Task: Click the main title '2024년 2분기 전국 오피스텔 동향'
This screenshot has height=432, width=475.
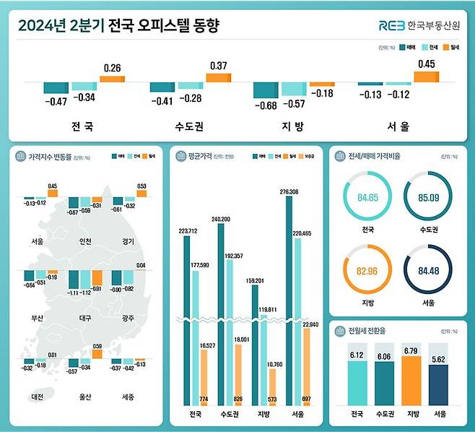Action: (x=118, y=27)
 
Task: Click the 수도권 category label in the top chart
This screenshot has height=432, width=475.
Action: (x=189, y=126)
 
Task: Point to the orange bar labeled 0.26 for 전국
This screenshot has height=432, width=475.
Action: (x=113, y=78)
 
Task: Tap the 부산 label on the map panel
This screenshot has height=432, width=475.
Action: (x=38, y=317)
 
